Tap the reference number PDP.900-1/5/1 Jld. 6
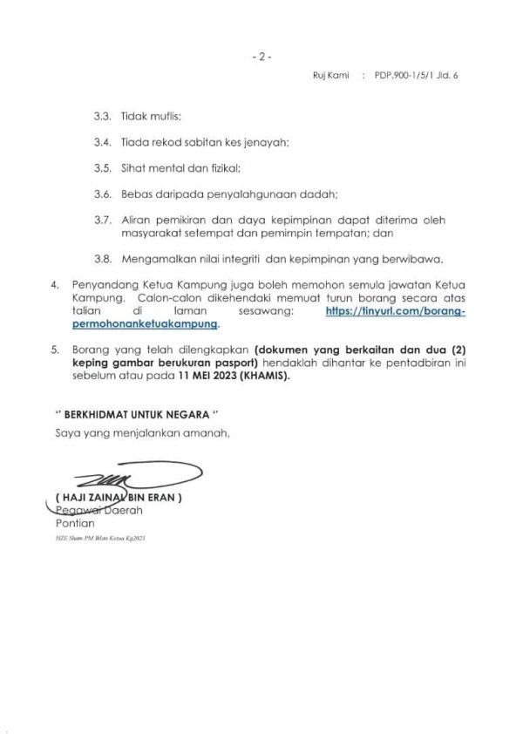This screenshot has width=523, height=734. click(416, 76)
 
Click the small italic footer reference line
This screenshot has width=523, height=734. click(99, 540)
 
